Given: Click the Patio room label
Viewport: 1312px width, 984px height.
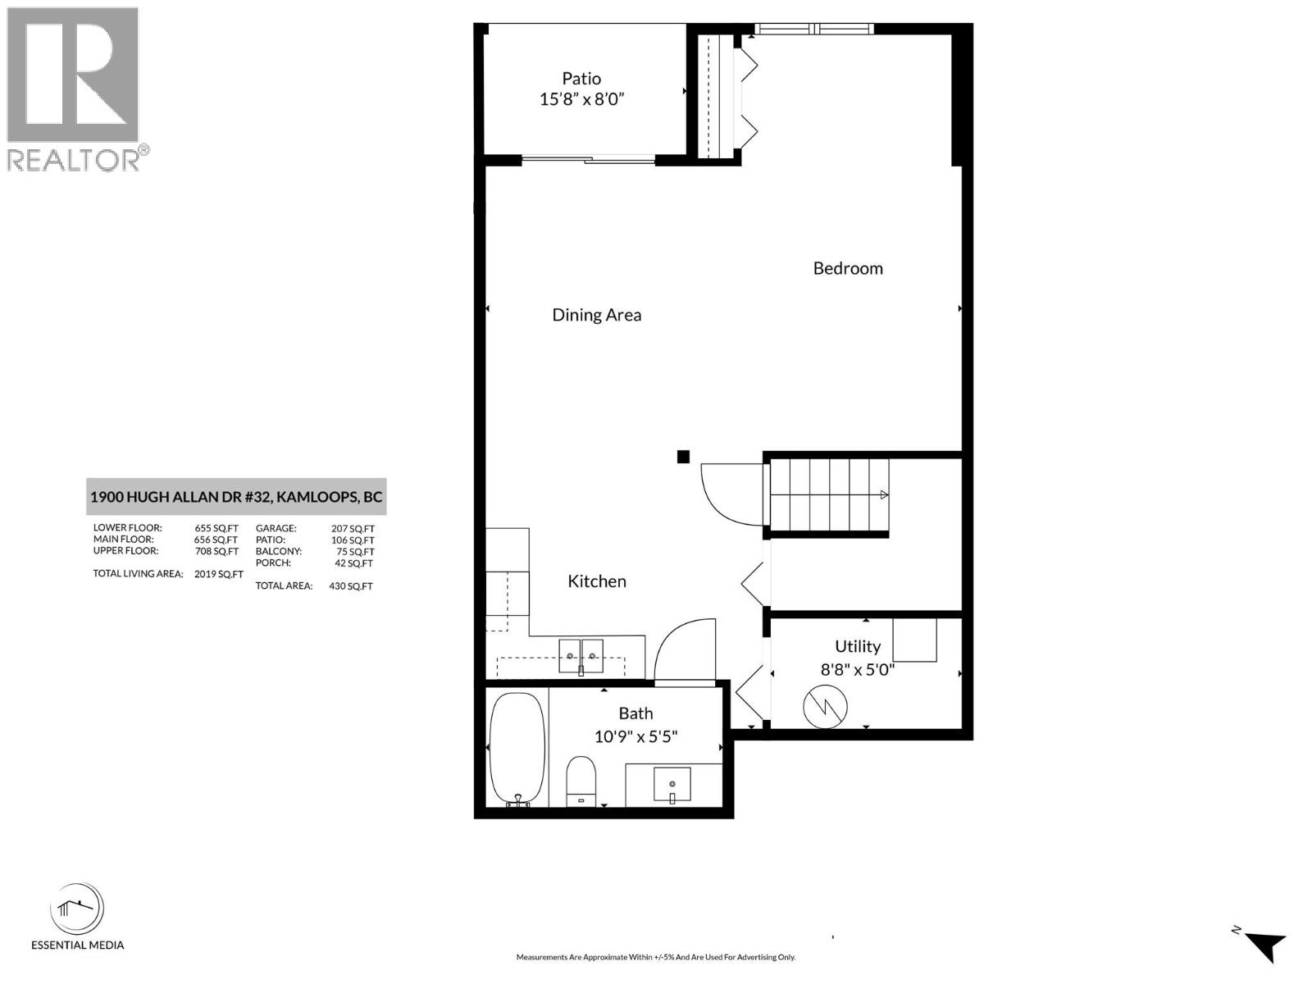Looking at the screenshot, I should (581, 79).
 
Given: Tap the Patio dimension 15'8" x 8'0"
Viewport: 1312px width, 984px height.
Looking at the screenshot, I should (581, 100).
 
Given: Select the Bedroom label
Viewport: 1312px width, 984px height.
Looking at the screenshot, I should (848, 268).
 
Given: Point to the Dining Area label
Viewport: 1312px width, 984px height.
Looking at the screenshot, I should (596, 315).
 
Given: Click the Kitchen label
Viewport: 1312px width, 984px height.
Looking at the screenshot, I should (597, 581).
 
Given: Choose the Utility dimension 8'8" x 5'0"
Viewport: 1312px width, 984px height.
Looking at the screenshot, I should (857, 669).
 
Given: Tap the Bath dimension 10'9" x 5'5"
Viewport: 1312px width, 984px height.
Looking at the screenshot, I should (635, 736).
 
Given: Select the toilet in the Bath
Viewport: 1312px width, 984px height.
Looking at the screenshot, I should (581, 781).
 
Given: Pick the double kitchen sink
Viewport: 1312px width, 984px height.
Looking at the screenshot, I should (581, 656).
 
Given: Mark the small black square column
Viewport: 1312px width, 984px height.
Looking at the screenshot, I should (683, 457).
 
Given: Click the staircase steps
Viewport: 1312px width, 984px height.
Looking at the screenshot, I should (828, 495).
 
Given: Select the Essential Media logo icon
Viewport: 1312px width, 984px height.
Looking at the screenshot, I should (77, 909).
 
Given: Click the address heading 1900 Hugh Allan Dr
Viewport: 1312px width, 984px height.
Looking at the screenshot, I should (236, 497).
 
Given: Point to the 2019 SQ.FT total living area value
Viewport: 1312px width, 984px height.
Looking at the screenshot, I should (218, 574).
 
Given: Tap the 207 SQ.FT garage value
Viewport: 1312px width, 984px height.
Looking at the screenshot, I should (353, 529).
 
